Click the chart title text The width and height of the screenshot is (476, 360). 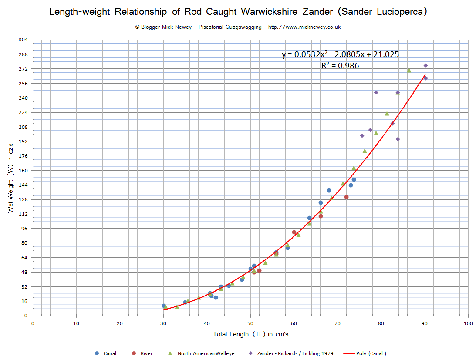pos(238,12)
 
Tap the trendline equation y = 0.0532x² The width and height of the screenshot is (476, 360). pos(340,54)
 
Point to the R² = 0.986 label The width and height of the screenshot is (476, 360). pos(340,66)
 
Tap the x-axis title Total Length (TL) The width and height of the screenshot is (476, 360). pos(250,334)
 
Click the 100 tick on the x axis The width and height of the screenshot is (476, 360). pos(468,323)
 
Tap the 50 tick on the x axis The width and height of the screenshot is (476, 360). pos(250,323)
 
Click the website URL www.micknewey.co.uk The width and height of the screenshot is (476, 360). pos(304,27)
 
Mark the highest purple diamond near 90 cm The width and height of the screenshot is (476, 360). pos(425,66)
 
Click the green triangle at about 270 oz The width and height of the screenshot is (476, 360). pos(409,71)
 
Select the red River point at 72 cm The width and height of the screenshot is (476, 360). pos(346,197)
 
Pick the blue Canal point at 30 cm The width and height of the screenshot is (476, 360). pos(164,306)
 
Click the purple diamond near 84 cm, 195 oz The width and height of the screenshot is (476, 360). pos(398,139)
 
